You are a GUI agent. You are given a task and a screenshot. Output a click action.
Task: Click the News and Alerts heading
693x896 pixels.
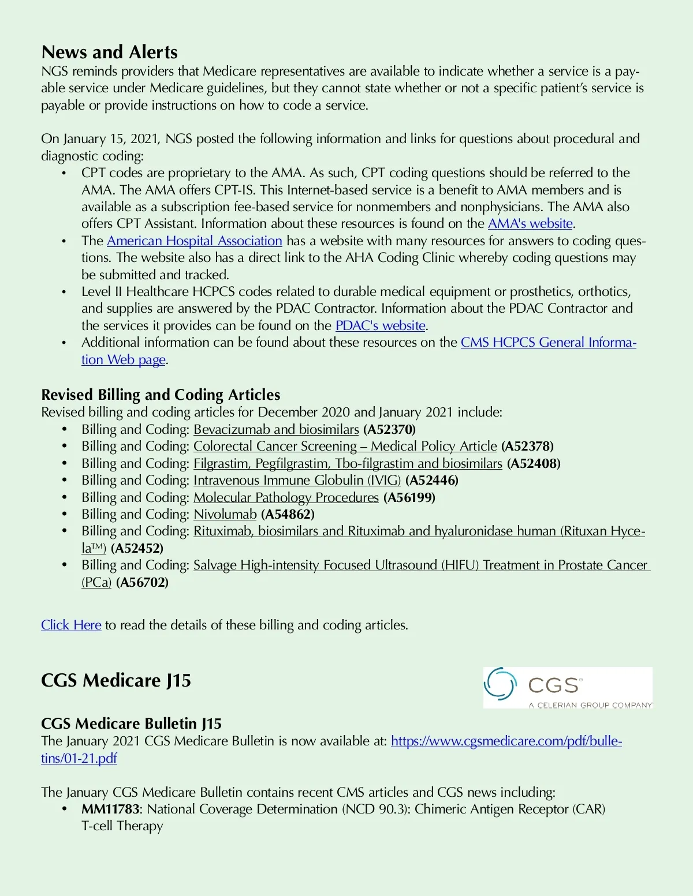(109, 52)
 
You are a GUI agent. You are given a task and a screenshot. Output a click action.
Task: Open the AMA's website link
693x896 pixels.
(530, 224)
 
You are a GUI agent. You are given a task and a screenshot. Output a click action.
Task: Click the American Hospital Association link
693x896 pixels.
(194, 241)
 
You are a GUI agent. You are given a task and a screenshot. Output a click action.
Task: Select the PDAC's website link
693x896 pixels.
(380, 325)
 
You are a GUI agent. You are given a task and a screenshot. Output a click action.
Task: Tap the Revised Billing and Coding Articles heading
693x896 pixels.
(161, 395)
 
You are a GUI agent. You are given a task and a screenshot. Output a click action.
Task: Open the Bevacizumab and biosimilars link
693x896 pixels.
(276, 429)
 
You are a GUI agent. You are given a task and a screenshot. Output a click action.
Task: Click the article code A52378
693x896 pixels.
(527, 446)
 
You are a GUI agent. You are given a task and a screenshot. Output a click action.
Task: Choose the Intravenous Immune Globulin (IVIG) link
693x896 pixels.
(297, 480)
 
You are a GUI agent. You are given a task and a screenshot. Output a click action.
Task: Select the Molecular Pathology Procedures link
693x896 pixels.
(286, 497)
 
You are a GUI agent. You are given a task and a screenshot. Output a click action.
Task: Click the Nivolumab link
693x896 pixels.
(225, 514)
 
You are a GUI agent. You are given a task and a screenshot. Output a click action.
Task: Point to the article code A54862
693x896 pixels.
(288, 514)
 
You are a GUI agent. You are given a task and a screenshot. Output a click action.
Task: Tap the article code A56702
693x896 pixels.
(142, 582)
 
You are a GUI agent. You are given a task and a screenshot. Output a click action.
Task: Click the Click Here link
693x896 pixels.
(71, 625)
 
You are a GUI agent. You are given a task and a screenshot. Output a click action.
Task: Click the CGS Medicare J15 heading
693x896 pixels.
(116, 680)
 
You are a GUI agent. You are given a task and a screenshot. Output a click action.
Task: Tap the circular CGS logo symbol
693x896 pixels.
(499, 684)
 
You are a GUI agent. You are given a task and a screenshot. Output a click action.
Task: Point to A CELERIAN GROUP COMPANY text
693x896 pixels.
(590, 704)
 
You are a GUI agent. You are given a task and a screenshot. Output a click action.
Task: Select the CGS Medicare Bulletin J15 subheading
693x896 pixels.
(131, 723)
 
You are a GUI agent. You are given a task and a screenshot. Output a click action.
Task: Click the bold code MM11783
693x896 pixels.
(110, 809)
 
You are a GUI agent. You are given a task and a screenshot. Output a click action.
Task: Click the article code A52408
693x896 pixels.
(534, 463)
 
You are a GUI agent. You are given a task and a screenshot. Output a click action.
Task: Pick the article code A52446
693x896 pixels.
(432, 480)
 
